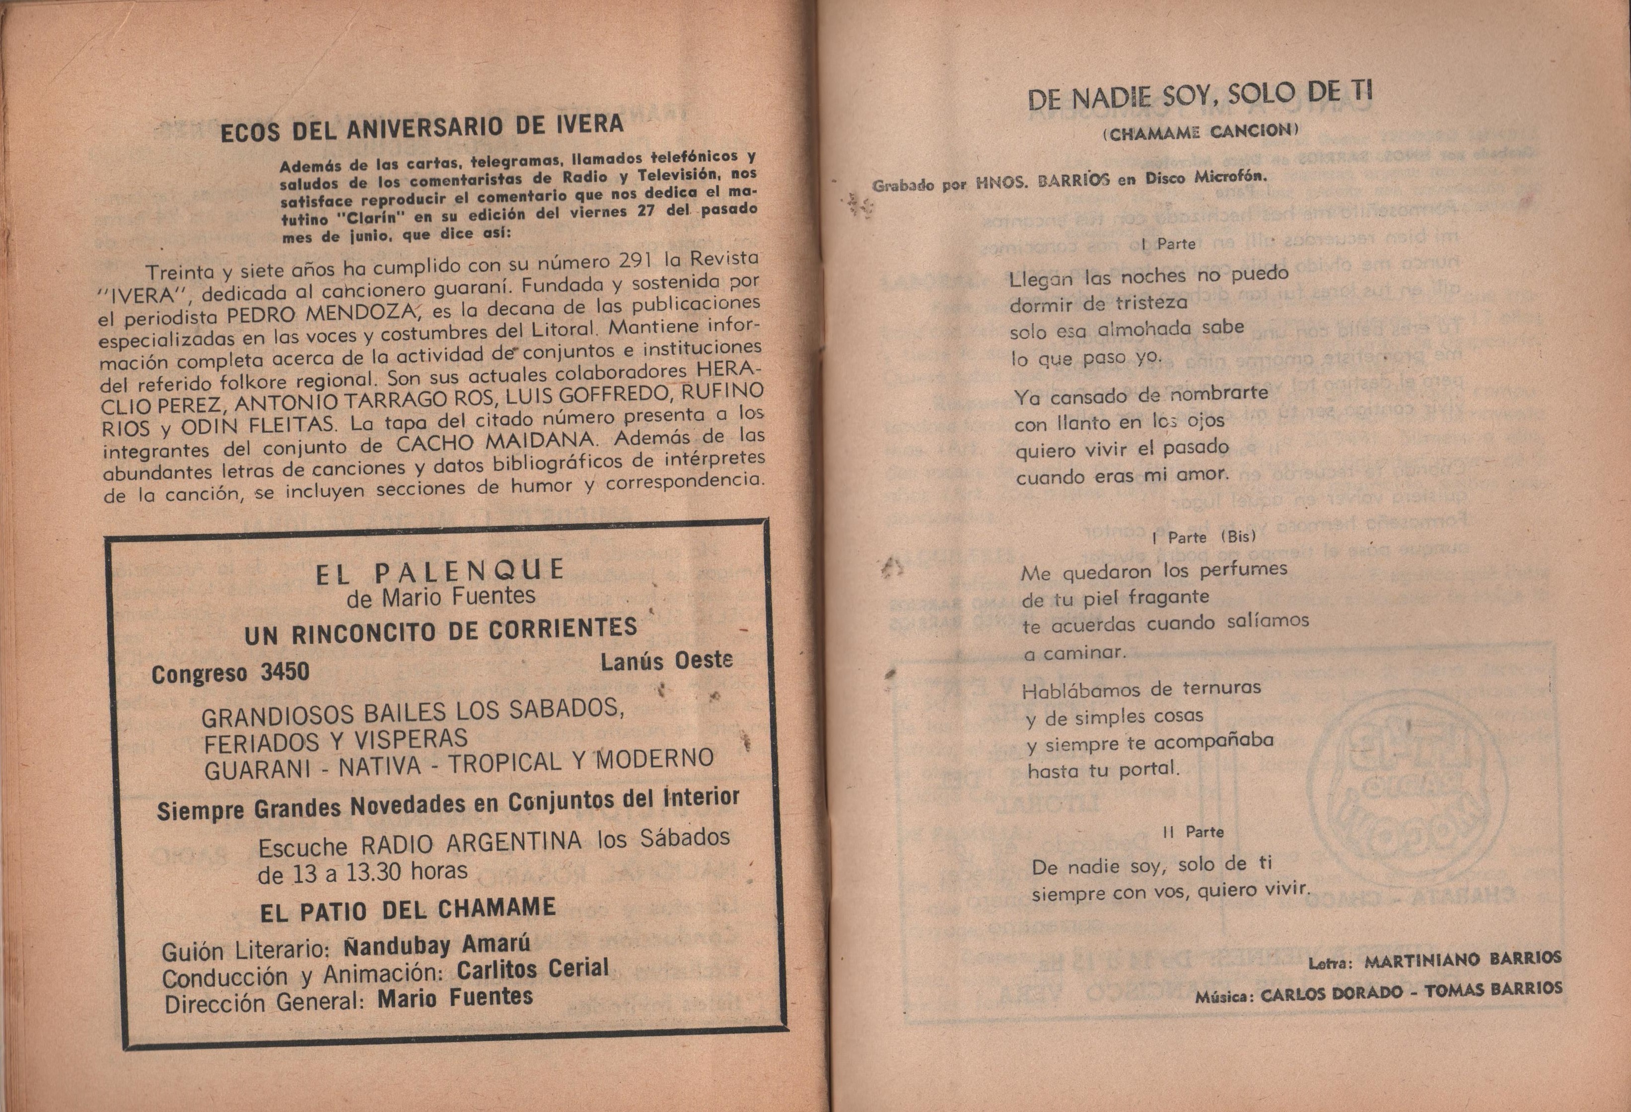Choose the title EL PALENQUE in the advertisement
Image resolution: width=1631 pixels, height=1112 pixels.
(x=439, y=572)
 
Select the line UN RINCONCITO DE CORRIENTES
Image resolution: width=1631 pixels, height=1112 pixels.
(x=441, y=631)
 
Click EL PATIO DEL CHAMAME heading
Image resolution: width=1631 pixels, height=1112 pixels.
(x=408, y=910)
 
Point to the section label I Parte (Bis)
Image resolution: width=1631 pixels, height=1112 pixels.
(x=1203, y=537)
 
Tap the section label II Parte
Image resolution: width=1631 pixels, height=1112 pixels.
(x=1193, y=832)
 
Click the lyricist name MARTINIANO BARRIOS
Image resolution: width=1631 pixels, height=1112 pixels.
(x=1463, y=960)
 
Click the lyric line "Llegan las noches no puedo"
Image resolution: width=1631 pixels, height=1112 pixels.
(x=1149, y=276)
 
